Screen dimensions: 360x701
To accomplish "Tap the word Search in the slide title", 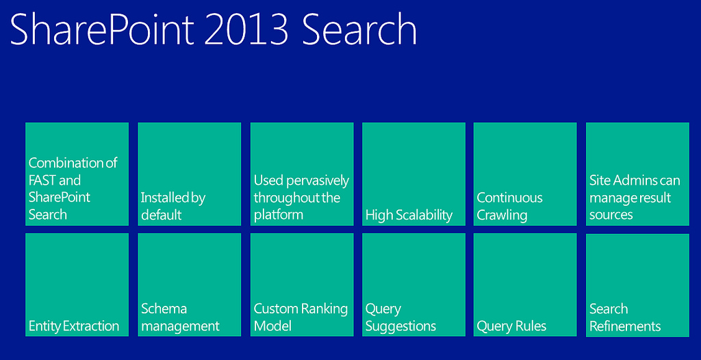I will pos(359,29).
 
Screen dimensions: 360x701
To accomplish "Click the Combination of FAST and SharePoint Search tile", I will pos(77,174).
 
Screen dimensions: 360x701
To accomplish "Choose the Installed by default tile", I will pos(190,174).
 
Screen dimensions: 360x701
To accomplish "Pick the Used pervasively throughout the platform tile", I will pos(302,174).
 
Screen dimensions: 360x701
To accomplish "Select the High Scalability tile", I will pos(413,174).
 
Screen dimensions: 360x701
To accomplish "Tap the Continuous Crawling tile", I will pos(525,174).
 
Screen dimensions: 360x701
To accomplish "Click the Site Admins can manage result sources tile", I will pos(637,174).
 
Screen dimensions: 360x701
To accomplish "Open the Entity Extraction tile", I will pos(77,285).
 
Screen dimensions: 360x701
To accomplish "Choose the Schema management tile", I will pos(190,285).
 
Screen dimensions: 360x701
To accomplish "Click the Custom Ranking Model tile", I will pos(302,285).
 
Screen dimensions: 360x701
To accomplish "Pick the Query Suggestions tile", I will pos(413,285).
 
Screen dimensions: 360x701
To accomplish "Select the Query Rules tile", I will pos(525,285).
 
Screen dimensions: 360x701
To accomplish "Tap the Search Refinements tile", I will pos(637,285).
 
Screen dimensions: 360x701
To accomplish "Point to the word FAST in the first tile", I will pos(42,181).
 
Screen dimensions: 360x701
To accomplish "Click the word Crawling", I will pos(502,215).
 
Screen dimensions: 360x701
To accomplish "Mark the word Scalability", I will pos(424,215).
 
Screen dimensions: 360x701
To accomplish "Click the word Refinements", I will pos(625,326).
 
